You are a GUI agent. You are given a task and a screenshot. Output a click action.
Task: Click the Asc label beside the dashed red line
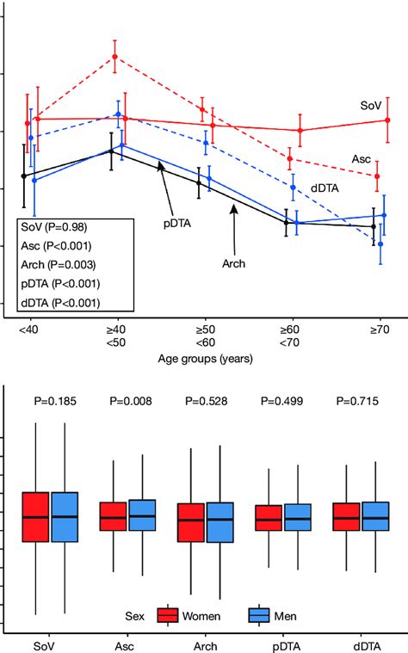point(362,159)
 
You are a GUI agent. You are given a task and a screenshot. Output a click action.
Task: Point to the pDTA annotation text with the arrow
point(177,223)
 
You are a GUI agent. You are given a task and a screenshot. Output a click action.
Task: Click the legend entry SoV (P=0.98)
point(53,227)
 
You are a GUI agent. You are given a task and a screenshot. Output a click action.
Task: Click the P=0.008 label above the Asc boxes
point(129,399)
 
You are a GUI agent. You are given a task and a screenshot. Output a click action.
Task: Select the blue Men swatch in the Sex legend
point(259,616)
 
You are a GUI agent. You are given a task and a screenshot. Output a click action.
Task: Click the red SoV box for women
point(35,517)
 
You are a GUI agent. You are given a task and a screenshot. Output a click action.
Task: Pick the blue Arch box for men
point(220,522)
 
